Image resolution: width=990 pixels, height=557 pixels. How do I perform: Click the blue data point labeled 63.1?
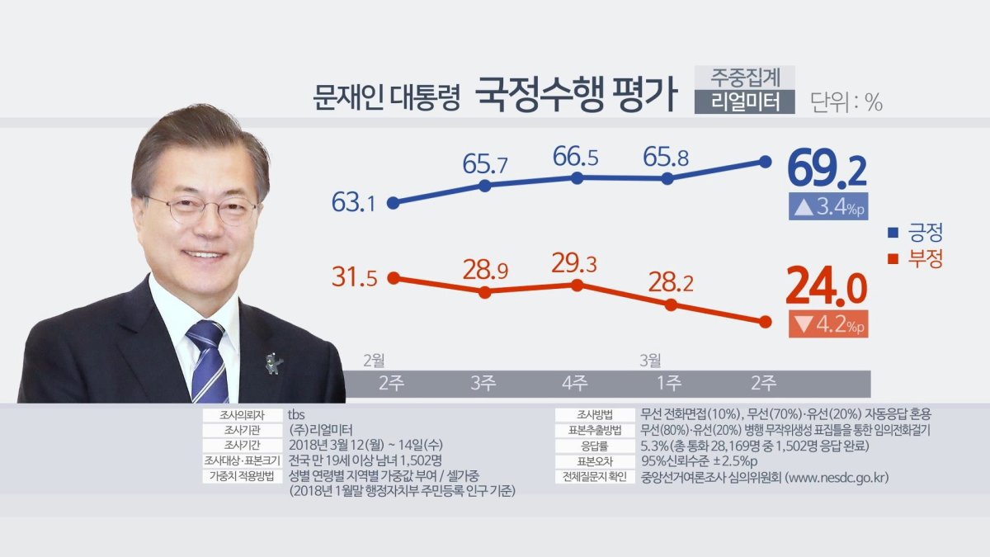(394, 202)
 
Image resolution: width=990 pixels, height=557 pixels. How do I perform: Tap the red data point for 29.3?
(577, 285)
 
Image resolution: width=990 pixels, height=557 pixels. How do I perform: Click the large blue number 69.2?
(827, 171)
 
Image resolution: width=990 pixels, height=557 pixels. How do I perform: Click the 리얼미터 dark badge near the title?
(744, 101)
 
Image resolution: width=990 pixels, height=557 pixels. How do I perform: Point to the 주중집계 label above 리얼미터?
(744, 77)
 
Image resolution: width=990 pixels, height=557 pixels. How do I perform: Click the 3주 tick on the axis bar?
(483, 383)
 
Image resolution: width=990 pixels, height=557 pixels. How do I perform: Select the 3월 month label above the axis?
(650, 360)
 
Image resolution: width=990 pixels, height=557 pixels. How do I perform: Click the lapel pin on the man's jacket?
(272, 362)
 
